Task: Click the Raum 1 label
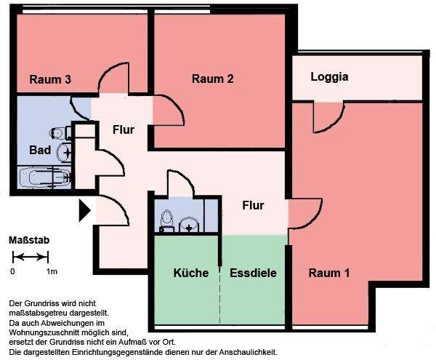(x=329, y=273)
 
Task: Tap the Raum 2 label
(x=212, y=79)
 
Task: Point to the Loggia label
(x=329, y=76)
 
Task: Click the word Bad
(x=39, y=150)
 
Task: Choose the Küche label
(x=191, y=273)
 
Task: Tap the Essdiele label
(x=254, y=273)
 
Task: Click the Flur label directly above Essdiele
(x=252, y=205)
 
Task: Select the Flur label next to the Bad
(x=125, y=130)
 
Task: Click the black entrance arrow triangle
(x=84, y=211)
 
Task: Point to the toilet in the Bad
(x=59, y=132)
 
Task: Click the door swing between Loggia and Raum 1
(x=327, y=115)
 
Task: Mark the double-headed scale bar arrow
(x=31, y=257)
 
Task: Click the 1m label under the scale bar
(x=52, y=271)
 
